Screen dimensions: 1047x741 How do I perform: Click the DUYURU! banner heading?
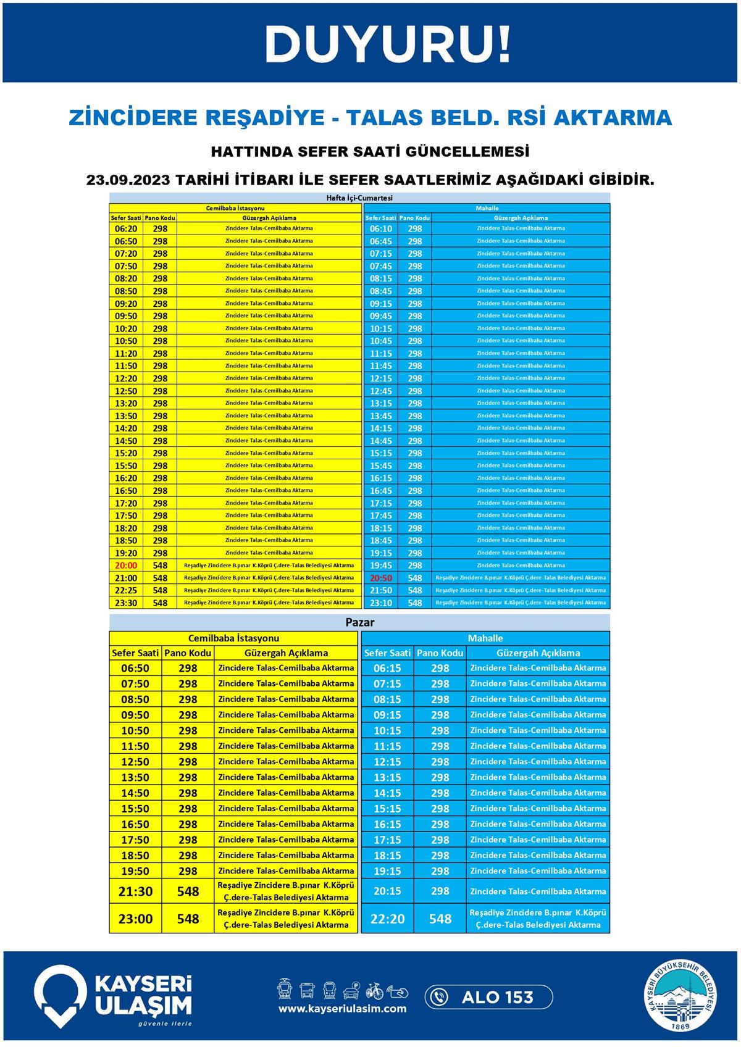coord(388,44)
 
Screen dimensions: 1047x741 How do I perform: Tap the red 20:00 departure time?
coord(126,565)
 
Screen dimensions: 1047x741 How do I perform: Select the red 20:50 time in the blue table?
coord(381,578)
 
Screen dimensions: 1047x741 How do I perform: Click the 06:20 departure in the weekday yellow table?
coord(126,229)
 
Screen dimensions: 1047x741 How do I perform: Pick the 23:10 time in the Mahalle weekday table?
coord(381,603)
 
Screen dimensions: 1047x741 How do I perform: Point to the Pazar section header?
coord(359,622)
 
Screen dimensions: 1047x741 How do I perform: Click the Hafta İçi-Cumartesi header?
coord(359,198)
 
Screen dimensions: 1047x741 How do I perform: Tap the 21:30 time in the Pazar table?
coord(135,891)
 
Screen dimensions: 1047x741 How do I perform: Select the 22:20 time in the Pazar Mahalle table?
coord(387,919)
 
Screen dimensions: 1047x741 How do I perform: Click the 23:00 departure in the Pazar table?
coord(135,919)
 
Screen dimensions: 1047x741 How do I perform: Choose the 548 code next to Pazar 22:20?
coord(440,919)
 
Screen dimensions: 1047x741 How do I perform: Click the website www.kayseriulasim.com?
coord(342,1009)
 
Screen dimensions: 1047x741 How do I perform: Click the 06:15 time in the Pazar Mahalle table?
coord(387,668)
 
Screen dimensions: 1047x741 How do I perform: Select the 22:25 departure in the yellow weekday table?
coord(126,591)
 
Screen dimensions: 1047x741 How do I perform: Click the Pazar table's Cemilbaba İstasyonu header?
coord(233,638)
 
